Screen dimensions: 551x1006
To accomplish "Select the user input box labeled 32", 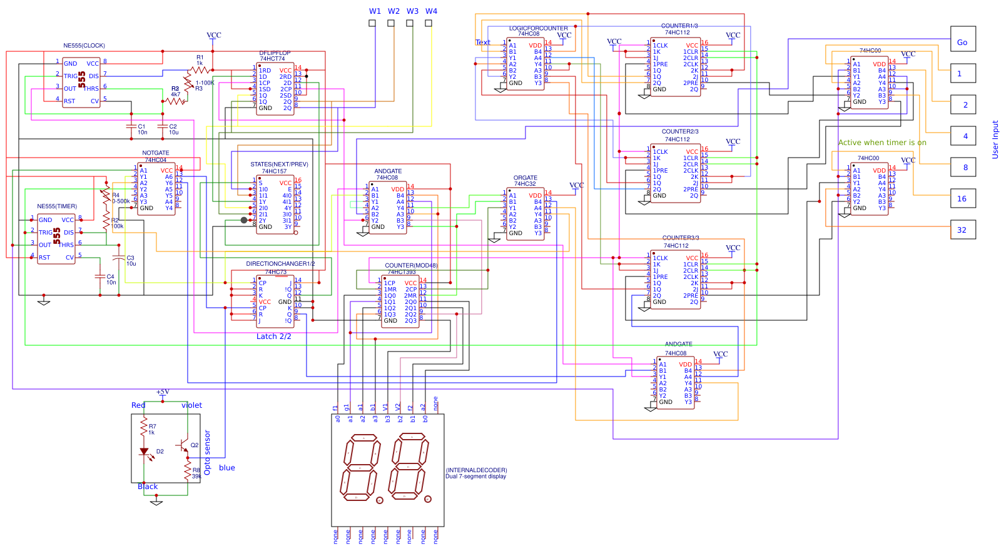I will tap(963, 230).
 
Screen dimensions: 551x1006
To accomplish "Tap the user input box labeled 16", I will tap(963, 198).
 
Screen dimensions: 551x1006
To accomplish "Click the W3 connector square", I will tap(410, 23).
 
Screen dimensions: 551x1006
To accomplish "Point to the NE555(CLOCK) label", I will tap(84, 46).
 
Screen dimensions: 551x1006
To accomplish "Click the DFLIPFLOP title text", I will tap(275, 53).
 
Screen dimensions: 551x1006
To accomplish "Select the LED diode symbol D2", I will tap(145, 451).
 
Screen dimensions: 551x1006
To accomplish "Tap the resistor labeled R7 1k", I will tap(145, 429).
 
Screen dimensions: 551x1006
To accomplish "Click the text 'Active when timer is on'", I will tap(882, 143).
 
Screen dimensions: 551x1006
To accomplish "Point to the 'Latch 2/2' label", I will tap(273, 336).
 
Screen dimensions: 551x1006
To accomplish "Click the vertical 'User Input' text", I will tap(995, 139).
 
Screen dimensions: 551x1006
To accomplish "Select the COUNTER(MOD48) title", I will tap(411, 266).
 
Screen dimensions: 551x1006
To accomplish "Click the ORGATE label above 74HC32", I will tap(525, 178).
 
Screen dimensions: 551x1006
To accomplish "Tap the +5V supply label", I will tap(163, 392).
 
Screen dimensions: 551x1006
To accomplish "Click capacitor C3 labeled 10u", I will tap(119, 258).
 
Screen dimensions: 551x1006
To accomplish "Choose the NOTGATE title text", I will tap(155, 153).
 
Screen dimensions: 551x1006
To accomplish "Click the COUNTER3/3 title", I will tap(680, 238).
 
